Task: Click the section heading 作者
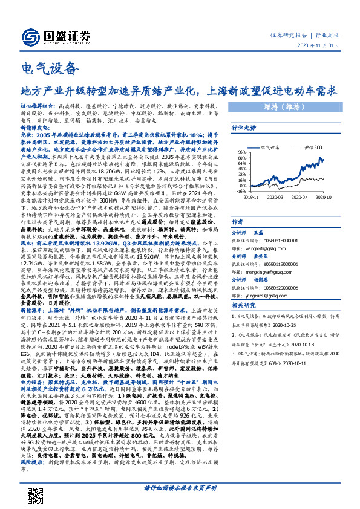click(x=238, y=222)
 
